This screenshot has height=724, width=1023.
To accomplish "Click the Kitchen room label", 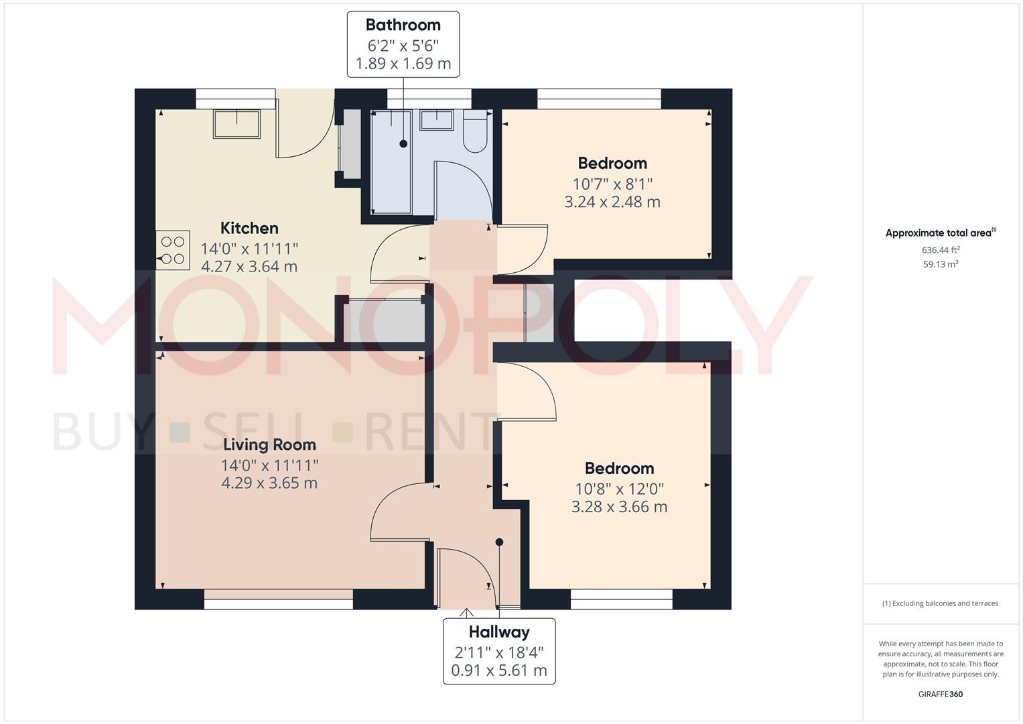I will click(x=249, y=228).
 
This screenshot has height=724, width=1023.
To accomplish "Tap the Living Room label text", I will click(x=269, y=444).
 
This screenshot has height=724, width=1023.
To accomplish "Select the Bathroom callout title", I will click(x=403, y=25).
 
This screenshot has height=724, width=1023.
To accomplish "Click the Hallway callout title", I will click(x=499, y=632).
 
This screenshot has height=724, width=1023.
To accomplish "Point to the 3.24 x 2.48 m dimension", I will click(x=612, y=202).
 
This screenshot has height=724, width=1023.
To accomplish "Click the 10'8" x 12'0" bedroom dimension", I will click(x=619, y=489).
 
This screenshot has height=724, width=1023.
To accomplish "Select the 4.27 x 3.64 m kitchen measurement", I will click(x=249, y=266).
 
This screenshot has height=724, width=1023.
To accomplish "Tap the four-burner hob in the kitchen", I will click(x=173, y=250).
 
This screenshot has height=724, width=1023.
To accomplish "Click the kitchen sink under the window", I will click(x=236, y=124).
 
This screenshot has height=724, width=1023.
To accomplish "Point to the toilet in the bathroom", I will click(x=476, y=133).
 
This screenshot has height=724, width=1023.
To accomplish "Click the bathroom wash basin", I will click(x=436, y=120).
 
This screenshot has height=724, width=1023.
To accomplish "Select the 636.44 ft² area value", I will click(x=941, y=250).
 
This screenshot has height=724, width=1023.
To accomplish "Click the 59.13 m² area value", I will click(x=941, y=264).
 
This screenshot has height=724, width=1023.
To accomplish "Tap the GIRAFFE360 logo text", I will click(x=941, y=694).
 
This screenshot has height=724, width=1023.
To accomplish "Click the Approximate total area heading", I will click(x=940, y=233).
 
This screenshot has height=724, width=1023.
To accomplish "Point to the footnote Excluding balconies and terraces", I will click(x=940, y=603).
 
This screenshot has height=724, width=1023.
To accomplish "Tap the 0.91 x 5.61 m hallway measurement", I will click(x=499, y=670).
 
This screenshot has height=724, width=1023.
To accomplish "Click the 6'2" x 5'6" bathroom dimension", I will click(x=403, y=46).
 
